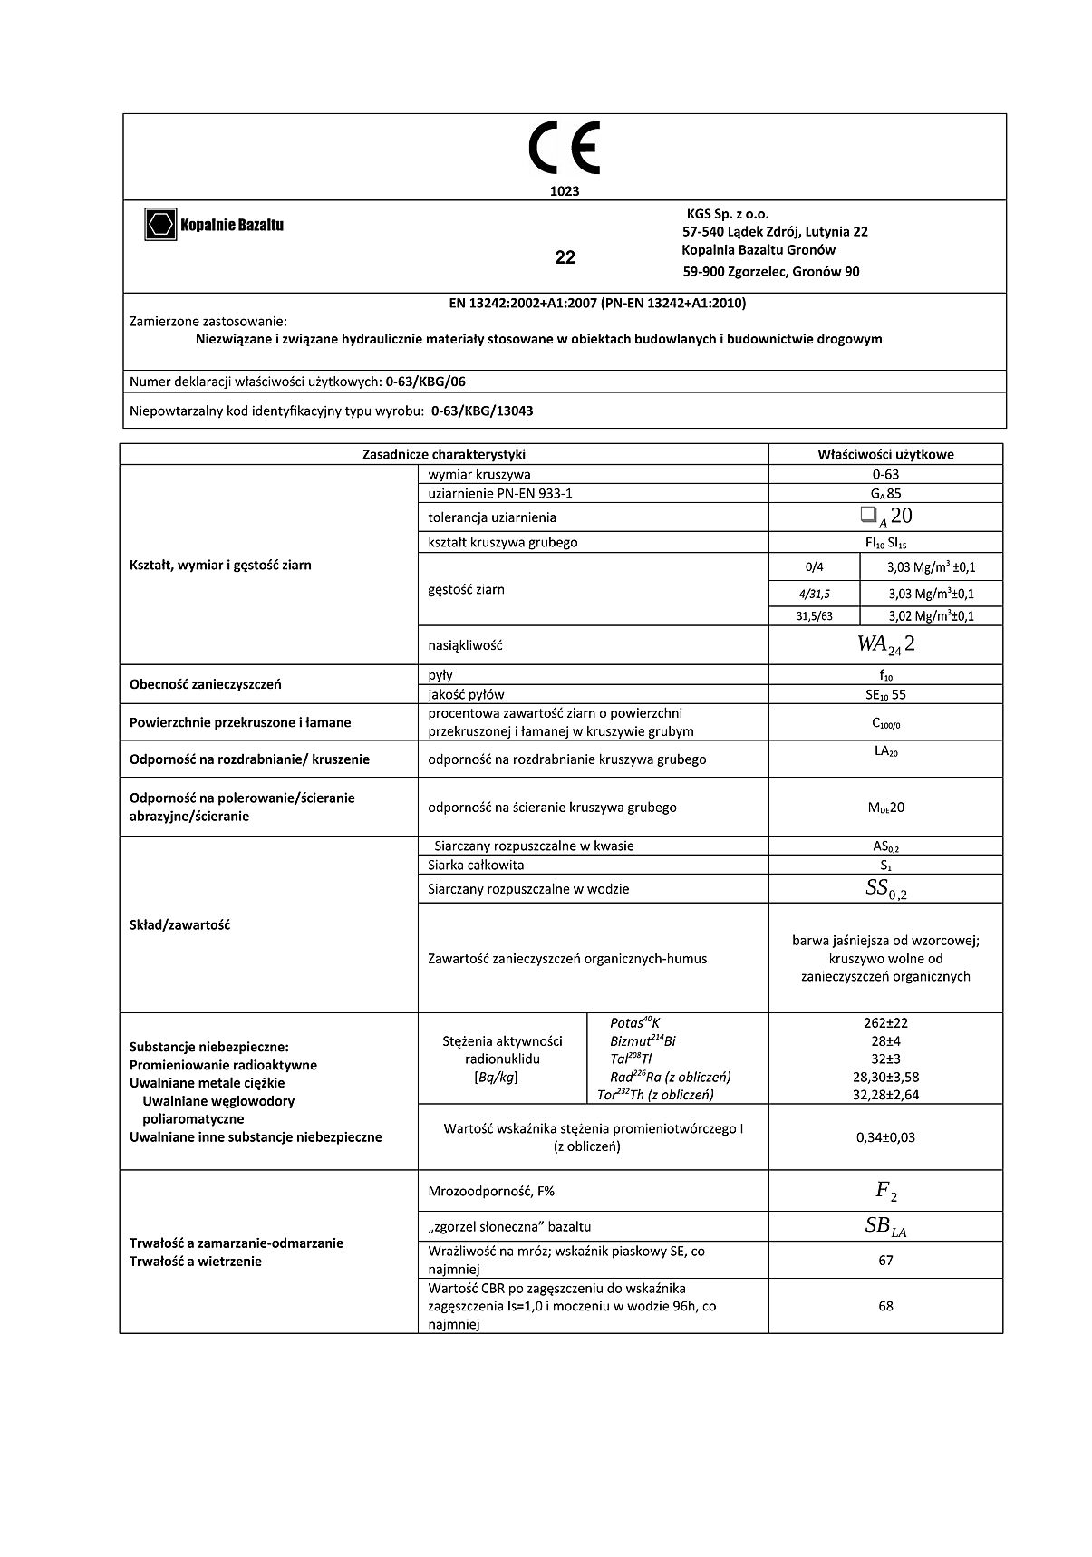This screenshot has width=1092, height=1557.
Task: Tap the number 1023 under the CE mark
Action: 564,191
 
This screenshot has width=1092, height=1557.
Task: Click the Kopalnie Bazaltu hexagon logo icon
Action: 160,224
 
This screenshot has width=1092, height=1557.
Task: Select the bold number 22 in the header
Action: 565,257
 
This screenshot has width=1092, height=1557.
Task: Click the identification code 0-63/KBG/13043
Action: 482,411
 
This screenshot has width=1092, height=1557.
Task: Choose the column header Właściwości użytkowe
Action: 884,454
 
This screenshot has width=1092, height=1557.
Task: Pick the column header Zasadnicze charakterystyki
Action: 443,454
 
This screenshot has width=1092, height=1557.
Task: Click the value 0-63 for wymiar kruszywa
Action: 884,474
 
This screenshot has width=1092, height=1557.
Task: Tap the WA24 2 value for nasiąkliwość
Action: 884,644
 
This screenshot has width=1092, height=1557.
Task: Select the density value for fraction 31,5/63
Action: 931,616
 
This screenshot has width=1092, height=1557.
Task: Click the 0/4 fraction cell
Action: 814,567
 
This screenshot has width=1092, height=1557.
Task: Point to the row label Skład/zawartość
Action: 180,925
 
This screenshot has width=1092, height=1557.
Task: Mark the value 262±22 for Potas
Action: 884,1023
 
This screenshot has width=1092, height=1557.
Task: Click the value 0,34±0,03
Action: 884,1137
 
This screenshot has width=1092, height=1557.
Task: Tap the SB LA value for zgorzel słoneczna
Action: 884,1227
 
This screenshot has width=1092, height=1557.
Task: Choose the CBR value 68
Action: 884,1306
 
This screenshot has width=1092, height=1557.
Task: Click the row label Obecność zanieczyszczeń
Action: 206,684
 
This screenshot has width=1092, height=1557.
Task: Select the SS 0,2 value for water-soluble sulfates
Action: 884,889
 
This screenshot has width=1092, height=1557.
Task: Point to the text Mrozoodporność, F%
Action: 490,1191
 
